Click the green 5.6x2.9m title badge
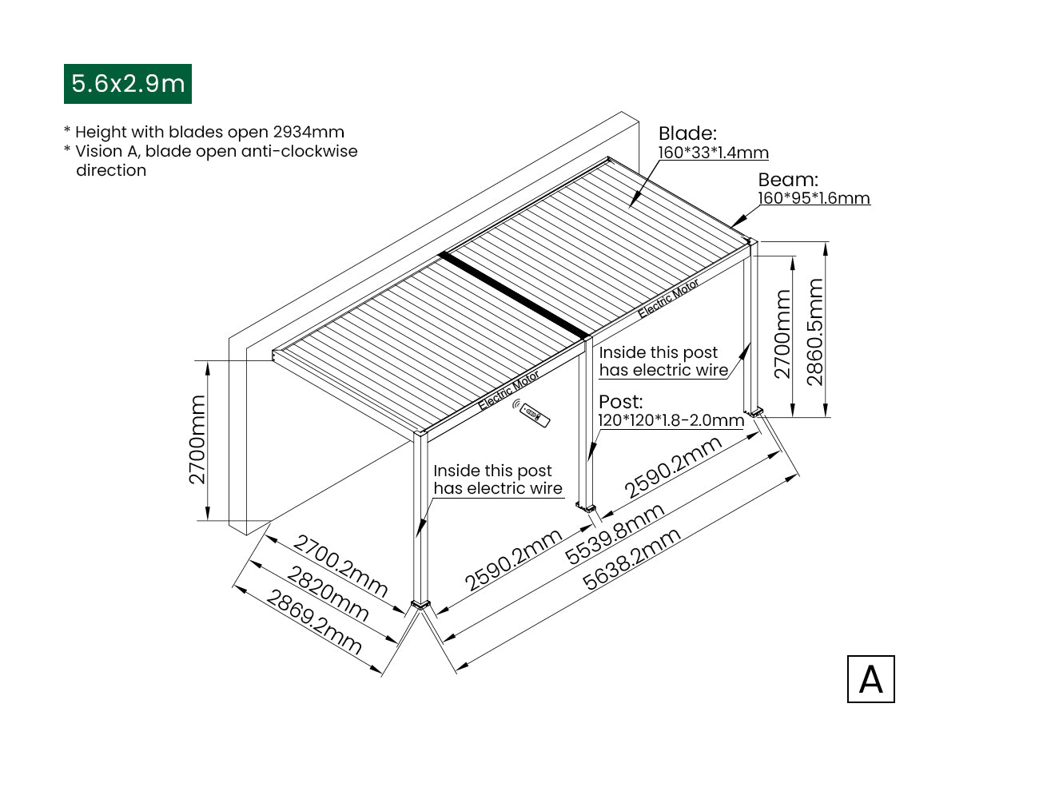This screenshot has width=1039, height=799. click(x=128, y=84)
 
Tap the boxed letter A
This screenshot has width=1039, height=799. click(x=870, y=680)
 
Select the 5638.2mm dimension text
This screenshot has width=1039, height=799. click(x=631, y=559)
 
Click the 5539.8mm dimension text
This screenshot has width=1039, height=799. click(x=615, y=534)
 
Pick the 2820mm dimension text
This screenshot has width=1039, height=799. click(x=328, y=594)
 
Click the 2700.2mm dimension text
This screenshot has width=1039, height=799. click(x=340, y=566)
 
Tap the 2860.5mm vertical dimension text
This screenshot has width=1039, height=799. click(x=814, y=332)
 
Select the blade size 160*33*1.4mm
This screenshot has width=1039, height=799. click(x=713, y=153)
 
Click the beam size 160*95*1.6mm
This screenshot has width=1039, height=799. click(x=814, y=198)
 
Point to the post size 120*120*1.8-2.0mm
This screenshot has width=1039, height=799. click(x=671, y=420)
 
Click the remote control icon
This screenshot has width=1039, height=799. click(x=534, y=414)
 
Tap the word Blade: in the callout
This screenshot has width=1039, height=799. click(x=687, y=133)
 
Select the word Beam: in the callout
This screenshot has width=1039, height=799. click(x=788, y=180)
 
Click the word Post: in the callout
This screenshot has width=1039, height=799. click(x=620, y=402)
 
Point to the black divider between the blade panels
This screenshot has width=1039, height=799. click(x=515, y=293)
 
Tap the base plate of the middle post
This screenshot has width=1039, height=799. click(x=587, y=506)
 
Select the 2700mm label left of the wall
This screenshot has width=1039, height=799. click(x=197, y=439)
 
